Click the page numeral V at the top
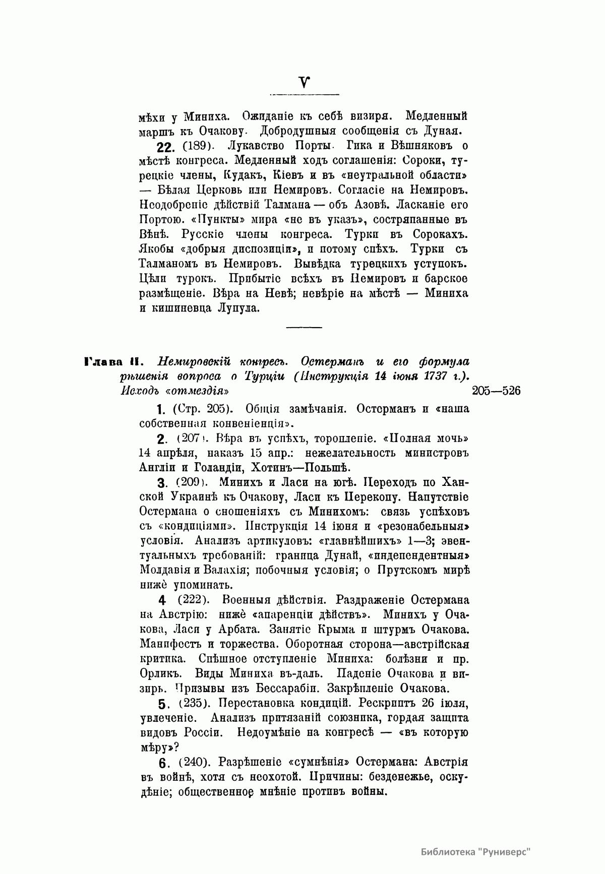point(304,83)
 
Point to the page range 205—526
point(496,391)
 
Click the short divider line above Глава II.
point(304,328)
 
